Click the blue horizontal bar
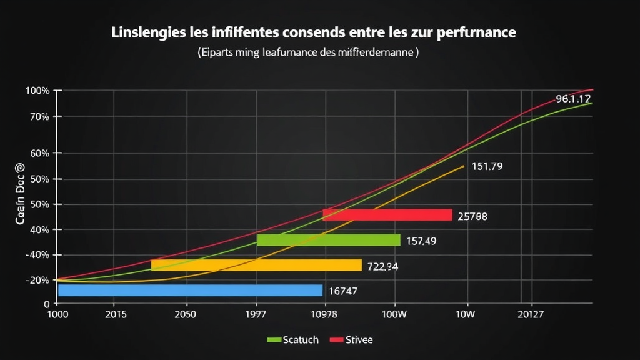(x=190, y=290)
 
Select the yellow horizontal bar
(x=256, y=265)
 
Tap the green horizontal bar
(x=328, y=240)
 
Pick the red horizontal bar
(x=387, y=215)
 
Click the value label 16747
(x=342, y=291)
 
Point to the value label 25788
(x=472, y=217)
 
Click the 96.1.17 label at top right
(x=573, y=99)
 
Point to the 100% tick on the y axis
(x=37, y=91)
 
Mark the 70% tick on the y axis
(x=37, y=117)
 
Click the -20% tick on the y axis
(x=37, y=281)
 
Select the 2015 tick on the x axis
(x=113, y=315)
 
